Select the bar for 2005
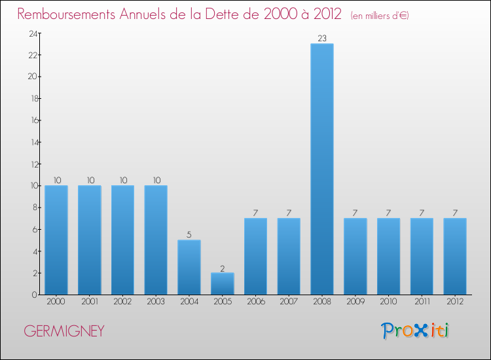pos(222,283)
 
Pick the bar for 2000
pos(56,240)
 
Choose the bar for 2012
pos(454,256)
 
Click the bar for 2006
pos(255,256)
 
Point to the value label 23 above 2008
pos(321,39)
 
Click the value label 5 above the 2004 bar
pos(189,234)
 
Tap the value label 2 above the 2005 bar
pos(222,268)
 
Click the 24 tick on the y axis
pos(31,33)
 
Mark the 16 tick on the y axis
pos(31,120)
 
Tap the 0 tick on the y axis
pos(33,295)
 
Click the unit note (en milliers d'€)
pos(380,15)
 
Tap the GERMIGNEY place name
pos(64,331)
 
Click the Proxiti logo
pos(416,331)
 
